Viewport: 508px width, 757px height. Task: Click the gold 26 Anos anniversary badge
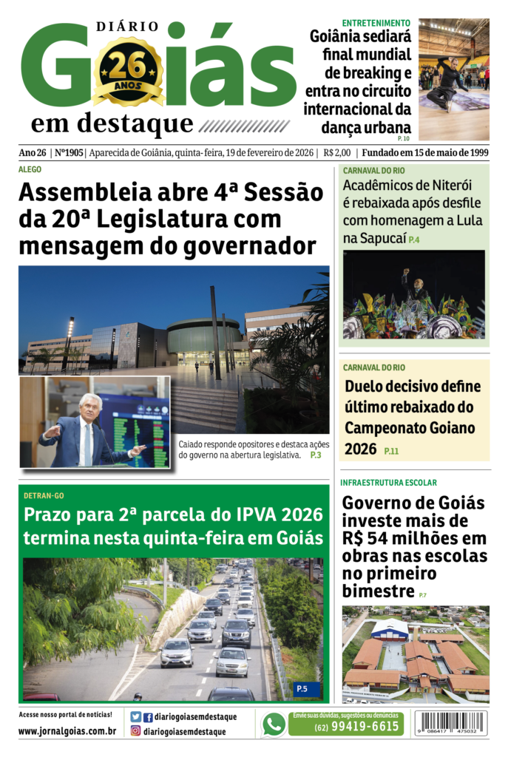(x=128, y=72)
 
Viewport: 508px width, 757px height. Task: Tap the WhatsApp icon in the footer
(x=274, y=724)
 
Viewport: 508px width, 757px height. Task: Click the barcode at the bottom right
(x=451, y=722)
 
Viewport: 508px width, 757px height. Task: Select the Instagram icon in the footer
(x=135, y=731)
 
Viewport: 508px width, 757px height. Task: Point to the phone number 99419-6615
(x=356, y=727)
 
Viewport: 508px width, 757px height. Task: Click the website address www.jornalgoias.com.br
(x=67, y=731)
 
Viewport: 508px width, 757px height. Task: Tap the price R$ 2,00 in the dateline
(x=336, y=153)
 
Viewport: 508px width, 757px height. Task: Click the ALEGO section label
(x=30, y=170)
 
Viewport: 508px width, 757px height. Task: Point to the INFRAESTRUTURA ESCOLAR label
(x=388, y=483)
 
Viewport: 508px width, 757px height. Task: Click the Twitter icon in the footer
(x=135, y=717)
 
